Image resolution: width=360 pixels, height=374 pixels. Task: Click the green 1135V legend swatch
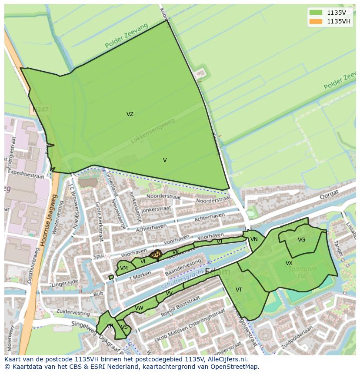316,13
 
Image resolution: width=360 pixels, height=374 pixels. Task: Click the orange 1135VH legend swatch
316,21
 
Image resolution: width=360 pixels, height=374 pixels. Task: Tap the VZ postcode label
130,114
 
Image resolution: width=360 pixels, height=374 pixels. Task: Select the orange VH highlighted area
156,255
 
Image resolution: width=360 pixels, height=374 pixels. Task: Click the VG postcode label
301,240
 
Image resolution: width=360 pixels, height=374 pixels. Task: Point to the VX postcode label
289,263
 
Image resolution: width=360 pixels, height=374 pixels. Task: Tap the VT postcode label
239,290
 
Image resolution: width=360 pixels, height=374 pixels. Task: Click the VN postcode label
254,239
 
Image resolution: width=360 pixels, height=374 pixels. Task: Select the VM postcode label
124,268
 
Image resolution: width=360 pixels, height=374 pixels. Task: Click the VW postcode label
139,308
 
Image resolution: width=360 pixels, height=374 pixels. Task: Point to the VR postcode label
110,326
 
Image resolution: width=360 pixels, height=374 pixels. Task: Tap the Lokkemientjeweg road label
153,131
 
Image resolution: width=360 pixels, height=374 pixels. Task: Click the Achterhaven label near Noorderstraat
210,215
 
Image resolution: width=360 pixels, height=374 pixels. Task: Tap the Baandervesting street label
183,268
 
